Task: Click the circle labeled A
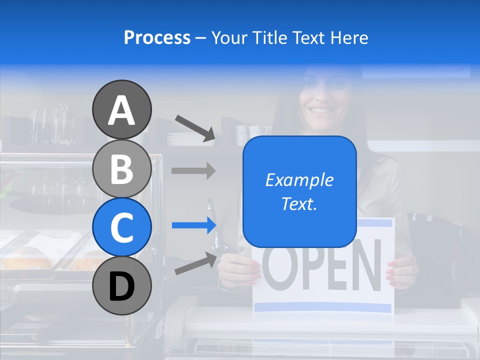(121, 109)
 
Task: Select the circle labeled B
(121, 168)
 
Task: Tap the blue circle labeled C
(121, 227)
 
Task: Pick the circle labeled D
(121, 285)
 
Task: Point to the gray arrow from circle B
(193, 171)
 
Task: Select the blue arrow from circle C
(193, 225)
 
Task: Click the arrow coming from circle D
(195, 263)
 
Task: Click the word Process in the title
(157, 38)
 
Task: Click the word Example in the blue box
(299, 180)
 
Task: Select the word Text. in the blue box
(299, 203)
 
